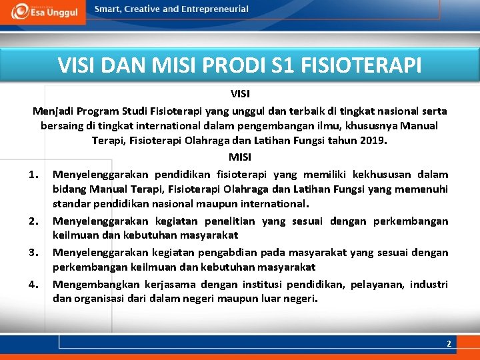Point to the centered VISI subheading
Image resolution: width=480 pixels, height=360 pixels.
pyautogui.click(x=240, y=94)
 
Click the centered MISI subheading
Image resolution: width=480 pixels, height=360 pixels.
pyautogui.click(x=240, y=157)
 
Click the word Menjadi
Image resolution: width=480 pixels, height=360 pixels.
pyautogui.click(x=53, y=111)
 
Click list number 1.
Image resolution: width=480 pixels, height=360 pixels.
pyautogui.click(x=36, y=175)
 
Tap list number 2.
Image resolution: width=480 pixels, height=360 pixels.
pyautogui.click(x=36, y=221)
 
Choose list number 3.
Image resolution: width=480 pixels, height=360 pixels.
pyautogui.click(x=36, y=253)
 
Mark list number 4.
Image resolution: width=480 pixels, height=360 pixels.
pyautogui.click(x=36, y=284)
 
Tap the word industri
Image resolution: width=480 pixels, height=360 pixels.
pyautogui.click(x=429, y=284)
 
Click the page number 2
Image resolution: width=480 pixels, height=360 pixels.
pyautogui.click(x=449, y=343)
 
